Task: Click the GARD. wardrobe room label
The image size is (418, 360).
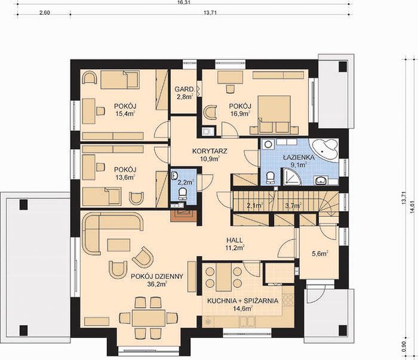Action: pyautogui.click(x=184, y=89)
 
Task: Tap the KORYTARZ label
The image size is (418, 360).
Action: pyautogui.click(x=210, y=151)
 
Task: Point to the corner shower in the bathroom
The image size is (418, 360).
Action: pyautogui.click(x=291, y=176)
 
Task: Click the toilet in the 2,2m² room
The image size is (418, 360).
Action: pyautogui.click(x=183, y=194)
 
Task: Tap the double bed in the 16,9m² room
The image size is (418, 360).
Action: pyautogui.click(x=274, y=115)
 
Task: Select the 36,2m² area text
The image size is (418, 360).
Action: pyautogui.click(x=157, y=284)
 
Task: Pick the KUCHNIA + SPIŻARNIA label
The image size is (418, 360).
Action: pyautogui.click(x=243, y=301)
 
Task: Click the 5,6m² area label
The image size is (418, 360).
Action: pyautogui.click(x=320, y=254)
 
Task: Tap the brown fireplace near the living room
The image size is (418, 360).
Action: pyautogui.click(x=184, y=215)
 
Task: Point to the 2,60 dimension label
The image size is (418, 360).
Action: pyautogui.click(x=44, y=13)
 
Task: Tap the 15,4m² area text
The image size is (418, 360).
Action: pyautogui.click(x=125, y=114)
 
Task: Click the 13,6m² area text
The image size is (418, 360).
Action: pyautogui.click(x=125, y=177)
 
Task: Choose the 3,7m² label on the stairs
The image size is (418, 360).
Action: pyautogui.click(x=293, y=205)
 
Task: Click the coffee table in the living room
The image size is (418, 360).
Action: pyautogui.click(x=119, y=245)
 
